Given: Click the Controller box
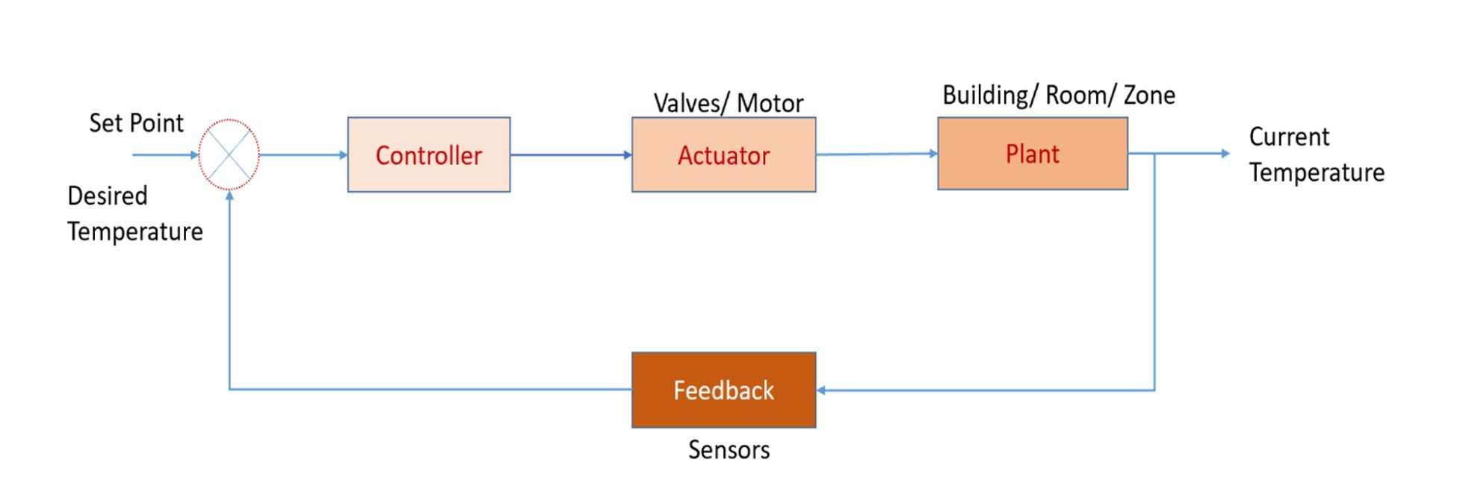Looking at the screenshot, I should [x=428, y=155].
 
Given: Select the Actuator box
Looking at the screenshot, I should [x=723, y=155].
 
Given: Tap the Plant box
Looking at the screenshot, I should [x=1032, y=153].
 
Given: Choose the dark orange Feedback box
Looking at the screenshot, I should [x=723, y=390].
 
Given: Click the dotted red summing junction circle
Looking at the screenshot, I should [x=229, y=155].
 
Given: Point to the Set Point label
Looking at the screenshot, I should [x=136, y=123].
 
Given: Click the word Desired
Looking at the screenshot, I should [x=108, y=196].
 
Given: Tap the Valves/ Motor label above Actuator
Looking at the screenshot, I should [x=729, y=103].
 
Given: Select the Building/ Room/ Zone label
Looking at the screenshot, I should [x=1058, y=96].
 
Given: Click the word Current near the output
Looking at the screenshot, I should [x=1289, y=137].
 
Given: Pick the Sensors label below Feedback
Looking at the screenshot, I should [x=729, y=449].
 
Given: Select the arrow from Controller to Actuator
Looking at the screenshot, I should [x=571, y=155].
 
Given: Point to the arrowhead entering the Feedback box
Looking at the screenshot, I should [x=821, y=390].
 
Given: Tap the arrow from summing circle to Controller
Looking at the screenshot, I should [x=303, y=155].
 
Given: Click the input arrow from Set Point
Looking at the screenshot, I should [x=164, y=155].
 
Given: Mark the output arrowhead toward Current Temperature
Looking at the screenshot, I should [x=1225, y=153].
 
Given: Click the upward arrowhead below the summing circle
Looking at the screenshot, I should [x=229, y=196].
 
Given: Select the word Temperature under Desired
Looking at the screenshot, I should [x=135, y=231].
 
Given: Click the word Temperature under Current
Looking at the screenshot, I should [x=1317, y=172].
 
